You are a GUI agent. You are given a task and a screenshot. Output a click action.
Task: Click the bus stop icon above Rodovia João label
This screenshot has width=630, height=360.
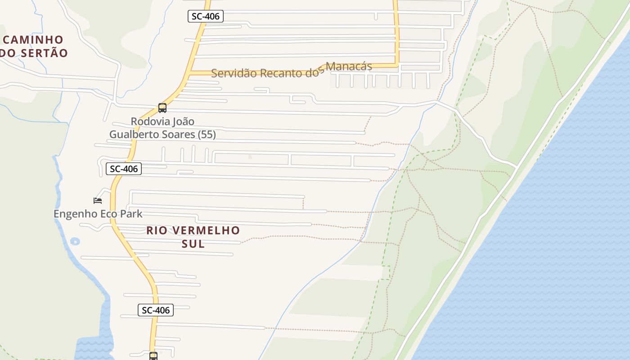pyautogui.click(x=162, y=108)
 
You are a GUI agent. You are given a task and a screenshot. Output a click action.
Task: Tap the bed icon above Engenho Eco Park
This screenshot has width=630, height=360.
pyautogui.click(x=98, y=200)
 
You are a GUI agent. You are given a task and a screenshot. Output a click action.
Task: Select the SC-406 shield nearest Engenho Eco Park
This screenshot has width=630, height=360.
pyautogui.click(x=124, y=169)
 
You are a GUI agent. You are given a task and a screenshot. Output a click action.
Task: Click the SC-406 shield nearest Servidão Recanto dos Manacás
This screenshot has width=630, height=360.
pyautogui.click(x=205, y=17)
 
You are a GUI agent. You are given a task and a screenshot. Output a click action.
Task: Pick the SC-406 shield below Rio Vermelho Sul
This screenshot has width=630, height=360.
pyautogui.click(x=156, y=310)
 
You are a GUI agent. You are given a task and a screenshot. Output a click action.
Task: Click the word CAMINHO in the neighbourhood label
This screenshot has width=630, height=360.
pyautogui.click(x=33, y=40)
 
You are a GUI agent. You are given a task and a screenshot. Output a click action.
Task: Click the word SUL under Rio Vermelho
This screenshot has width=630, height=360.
pyautogui.click(x=193, y=244)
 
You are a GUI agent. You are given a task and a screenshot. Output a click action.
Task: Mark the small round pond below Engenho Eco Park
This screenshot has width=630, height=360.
pyautogui.click(x=75, y=242)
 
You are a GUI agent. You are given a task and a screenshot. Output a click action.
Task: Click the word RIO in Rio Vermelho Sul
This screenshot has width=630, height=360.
pyautogui.click(x=156, y=230)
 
